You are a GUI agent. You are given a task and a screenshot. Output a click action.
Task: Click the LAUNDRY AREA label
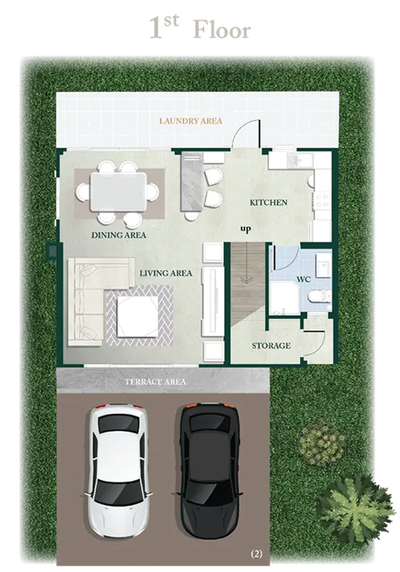pos(190,121)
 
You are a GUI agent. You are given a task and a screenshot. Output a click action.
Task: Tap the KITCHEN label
pos(268,202)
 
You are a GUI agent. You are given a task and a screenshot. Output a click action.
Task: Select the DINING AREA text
pos(119,235)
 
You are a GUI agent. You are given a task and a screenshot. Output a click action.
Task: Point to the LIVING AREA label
pos(166,273)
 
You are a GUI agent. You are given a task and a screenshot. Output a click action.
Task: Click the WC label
pos(303,279)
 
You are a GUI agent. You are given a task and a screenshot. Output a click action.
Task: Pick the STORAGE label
pos(271,345)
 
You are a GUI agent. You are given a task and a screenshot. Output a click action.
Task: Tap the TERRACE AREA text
pos(155,382)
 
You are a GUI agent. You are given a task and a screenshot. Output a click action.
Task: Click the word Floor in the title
pos(222,30)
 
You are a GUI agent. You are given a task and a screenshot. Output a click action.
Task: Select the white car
pos(118,471)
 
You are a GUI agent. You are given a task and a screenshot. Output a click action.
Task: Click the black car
pos(210,471)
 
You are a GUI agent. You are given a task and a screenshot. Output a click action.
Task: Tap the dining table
pos(118,192)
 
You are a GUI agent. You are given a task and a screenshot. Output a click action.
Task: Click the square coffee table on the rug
pos(138,317)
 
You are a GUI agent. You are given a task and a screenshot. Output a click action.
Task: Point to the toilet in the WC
pos(319,296)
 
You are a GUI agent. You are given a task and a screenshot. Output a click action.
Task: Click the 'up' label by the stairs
pos(245,229)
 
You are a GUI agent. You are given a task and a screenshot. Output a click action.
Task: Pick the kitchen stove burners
pos(322,201)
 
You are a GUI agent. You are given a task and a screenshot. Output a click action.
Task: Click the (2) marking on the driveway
pos(256,554)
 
